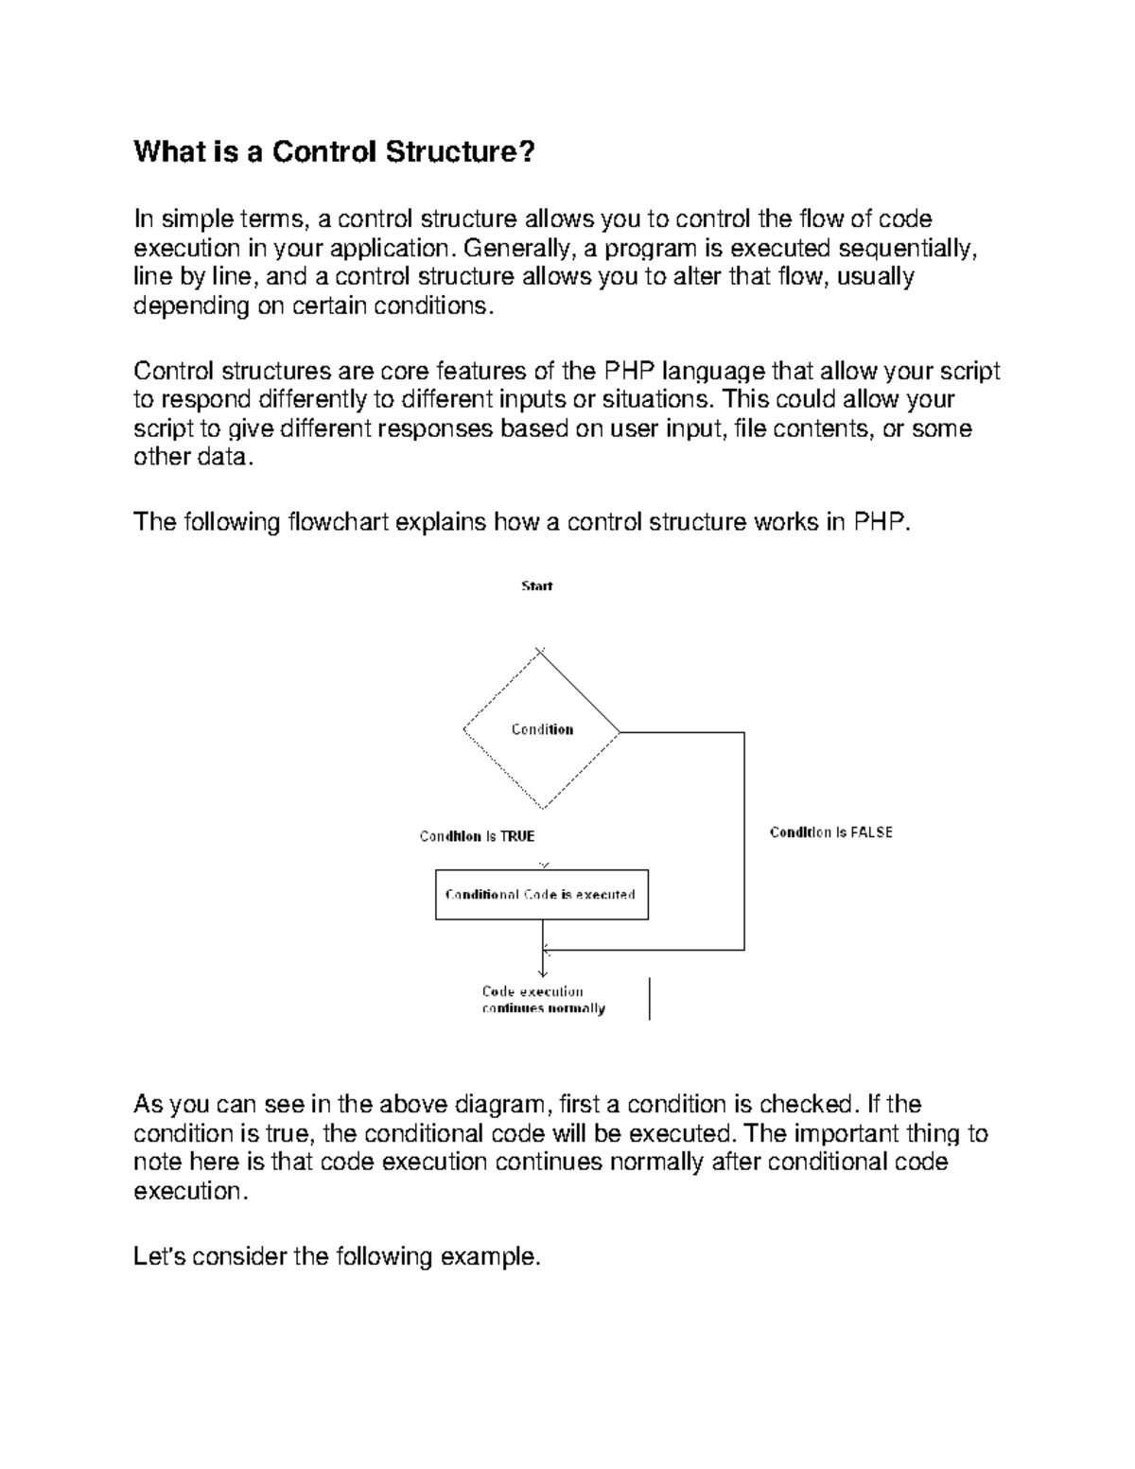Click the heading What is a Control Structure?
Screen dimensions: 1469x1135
(334, 151)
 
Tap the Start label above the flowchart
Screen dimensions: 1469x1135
(536, 586)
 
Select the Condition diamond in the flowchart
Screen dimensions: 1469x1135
(542, 729)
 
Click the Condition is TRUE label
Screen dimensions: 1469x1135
(477, 836)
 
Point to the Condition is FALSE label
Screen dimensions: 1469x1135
(830, 832)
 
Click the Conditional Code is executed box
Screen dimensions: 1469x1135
(541, 895)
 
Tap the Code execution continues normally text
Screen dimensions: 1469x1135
(543, 1000)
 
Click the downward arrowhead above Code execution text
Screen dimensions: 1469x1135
(543, 971)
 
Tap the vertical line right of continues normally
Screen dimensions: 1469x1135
(650, 999)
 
